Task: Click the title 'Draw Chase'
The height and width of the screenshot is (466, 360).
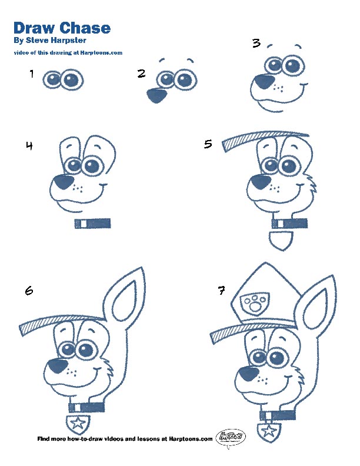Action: [62, 28]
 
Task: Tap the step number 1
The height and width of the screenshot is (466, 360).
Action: [31, 74]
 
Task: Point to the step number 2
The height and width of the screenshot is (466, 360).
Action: [141, 74]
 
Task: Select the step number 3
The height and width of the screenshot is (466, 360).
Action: [256, 43]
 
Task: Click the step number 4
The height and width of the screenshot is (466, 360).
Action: [29, 146]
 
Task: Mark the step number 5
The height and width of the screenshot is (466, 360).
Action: [208, 144]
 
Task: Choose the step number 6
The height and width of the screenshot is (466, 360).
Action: [29, 290]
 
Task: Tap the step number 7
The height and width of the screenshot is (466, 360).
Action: [221, 290]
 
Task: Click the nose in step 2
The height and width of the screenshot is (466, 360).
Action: [156, 95]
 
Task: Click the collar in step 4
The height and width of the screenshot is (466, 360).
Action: [93, 223]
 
